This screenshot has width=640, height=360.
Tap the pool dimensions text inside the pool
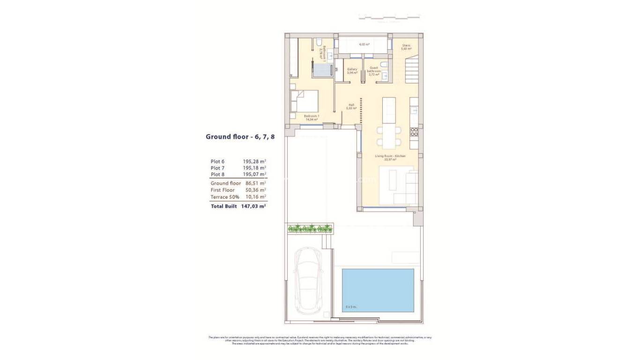click(350, 307)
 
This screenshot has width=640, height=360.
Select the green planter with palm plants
click(310, 228)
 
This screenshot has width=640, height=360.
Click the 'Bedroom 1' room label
click(311, 117)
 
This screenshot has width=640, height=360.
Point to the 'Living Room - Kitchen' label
click(390, 157)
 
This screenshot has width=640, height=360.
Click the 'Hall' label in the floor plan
click(351, 106)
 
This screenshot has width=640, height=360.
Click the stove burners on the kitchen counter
click(414, 132)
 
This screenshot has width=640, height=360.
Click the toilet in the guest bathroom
click(383, 64)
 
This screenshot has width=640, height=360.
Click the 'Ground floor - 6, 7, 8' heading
click(240, 137)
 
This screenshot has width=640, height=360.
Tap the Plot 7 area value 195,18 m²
click(254, 168)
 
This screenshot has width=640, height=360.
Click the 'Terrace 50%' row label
click(225, 197)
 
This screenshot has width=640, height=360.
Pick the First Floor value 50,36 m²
click(256, 190)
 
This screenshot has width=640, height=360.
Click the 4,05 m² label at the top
click(364, 45)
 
